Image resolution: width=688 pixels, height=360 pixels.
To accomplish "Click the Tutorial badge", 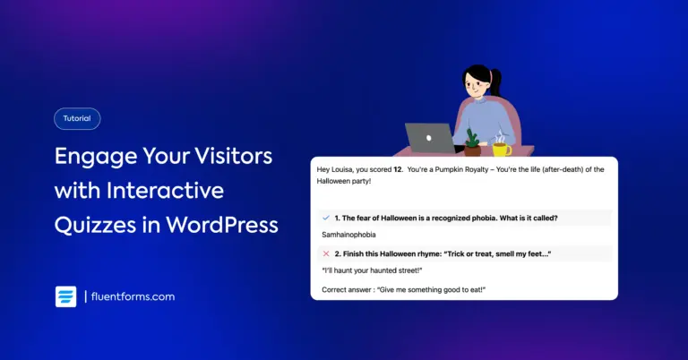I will [77, 119].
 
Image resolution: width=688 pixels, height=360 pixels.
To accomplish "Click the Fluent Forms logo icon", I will [65, 296].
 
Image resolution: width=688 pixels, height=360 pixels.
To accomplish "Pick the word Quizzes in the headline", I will [96, 224].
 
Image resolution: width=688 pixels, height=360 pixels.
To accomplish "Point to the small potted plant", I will [472, 140].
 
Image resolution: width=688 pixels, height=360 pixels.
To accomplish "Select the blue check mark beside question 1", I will [324, 218].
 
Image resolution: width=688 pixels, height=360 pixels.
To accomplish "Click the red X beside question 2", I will [325, 253].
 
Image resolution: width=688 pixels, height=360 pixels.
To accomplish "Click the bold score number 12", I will [397, 169].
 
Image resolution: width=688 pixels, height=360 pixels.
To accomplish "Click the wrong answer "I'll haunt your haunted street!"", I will [372, 270].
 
